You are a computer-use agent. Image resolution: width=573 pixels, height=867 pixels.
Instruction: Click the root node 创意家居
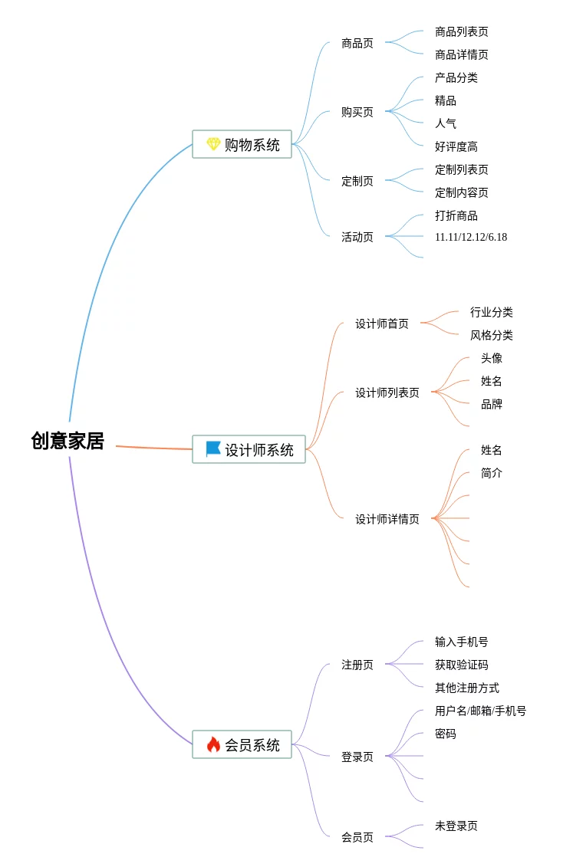68,441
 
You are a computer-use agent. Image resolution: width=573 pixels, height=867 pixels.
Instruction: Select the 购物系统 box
242,144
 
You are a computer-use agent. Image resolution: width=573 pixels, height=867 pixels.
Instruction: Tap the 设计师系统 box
249,449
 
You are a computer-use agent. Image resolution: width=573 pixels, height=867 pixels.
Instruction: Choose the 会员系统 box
242,744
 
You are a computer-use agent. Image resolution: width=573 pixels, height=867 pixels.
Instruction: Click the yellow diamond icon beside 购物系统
213,144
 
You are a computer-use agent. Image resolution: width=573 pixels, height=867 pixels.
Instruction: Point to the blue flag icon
213,449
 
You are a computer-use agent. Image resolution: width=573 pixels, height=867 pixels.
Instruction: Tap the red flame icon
213,744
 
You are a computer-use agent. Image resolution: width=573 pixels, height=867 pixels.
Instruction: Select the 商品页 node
357,44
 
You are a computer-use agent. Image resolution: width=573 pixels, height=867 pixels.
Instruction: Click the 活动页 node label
357,237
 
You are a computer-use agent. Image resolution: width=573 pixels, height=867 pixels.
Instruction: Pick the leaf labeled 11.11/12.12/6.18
471,237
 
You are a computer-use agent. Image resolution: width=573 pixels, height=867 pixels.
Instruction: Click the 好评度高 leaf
456,146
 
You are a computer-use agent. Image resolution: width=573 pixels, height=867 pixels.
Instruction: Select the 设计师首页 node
382,323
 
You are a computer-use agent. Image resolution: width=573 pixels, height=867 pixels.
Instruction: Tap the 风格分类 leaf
492,335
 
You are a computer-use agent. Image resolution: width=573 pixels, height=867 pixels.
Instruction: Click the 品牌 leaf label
492,404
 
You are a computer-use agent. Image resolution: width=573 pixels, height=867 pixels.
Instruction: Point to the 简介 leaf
492,473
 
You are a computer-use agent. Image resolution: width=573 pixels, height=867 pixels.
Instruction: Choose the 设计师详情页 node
387,519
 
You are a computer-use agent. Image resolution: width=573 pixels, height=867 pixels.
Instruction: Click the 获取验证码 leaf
462,665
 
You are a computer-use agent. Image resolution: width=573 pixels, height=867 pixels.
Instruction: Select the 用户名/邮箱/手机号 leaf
481,711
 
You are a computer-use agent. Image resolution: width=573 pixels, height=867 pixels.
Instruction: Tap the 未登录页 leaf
456,826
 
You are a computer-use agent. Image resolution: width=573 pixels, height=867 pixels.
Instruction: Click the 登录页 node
357,757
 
